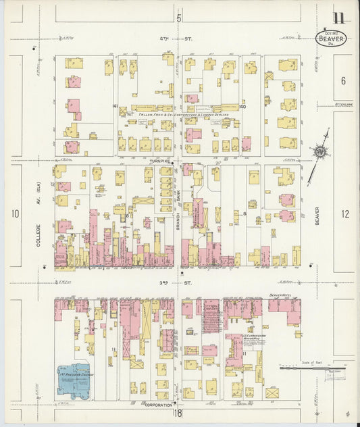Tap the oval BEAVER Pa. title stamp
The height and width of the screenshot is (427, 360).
332,39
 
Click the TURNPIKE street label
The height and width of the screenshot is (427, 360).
163,162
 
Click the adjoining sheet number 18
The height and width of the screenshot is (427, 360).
178,413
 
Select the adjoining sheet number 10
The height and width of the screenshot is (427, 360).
15,214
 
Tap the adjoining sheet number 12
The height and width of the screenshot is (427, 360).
345,214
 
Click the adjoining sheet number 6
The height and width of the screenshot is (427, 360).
343,81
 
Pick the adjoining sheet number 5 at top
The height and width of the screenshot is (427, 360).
179,17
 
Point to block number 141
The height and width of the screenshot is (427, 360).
115,106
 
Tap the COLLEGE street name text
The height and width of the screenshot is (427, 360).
38,234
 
